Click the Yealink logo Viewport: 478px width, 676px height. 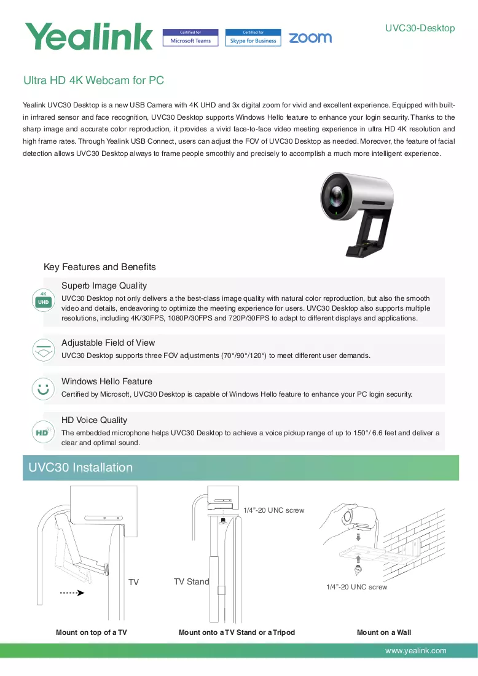(88, 36)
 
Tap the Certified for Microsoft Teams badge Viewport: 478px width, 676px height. (190, 37)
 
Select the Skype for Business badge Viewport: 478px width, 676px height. (253, 37)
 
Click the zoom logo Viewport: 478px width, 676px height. (310, 38)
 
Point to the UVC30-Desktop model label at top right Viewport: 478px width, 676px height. (420, 28)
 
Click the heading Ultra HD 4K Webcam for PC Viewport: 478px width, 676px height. (93, 80)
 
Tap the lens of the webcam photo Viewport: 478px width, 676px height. (336, 196)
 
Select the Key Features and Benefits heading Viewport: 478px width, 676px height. (100, 267)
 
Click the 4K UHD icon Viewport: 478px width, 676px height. (43, 300)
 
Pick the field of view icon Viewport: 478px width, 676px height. (43, 350)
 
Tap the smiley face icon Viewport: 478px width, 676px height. (43, 389)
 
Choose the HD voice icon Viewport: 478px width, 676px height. (43, 432)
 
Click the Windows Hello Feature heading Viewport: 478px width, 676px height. (106, 381)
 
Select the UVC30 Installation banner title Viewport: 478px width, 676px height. (80, 467)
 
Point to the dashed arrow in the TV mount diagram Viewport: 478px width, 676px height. (72, 592)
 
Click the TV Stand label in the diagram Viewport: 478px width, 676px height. (192, 581)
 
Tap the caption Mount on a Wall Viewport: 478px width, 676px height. (384, 632)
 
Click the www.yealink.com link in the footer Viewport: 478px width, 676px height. (416, 651)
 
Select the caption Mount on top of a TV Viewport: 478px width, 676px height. (92, 632)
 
